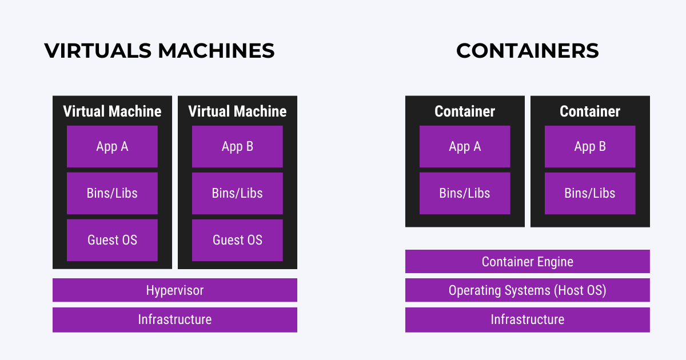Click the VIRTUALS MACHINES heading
tap(159, 51)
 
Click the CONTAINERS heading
tap(527, 51)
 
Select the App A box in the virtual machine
tap(112, 146)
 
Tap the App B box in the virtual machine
tap(237, 146)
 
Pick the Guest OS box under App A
tap(112, 240)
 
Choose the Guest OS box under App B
tap(237, 240)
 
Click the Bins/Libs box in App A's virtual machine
tap(112, 193)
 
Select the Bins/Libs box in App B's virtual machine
tap(237, 193)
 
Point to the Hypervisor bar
tap(174, 290)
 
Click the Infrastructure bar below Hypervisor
tap(174, 319)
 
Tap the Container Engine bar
tap(527, 262)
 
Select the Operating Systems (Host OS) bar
tap(527, 290)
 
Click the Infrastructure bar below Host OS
tap(527, 319)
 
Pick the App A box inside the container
tap(465, 146)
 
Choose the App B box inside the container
tap(590, 146)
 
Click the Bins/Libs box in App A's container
tap(465, 193)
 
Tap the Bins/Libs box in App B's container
tap(590, 193)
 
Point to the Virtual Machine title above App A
tap(112, 111)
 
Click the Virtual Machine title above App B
tap(237, 111)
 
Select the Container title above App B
tap(590, 111)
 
